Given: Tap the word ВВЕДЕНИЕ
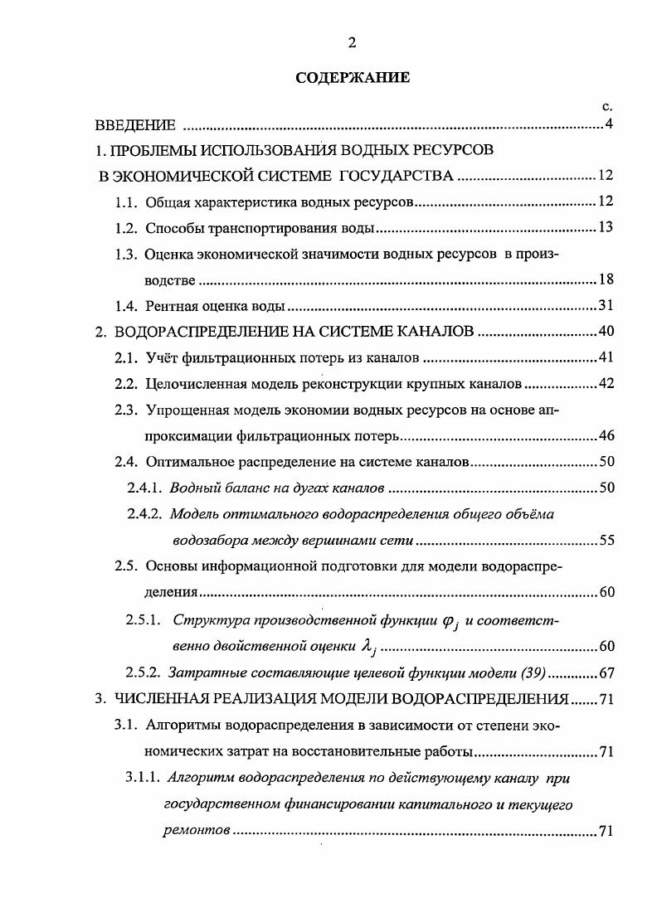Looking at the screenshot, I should [135, 126].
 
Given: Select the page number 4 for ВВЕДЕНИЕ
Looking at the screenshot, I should [608, 125].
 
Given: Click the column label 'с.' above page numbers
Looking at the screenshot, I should [606, 106].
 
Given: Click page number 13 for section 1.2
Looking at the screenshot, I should [605, 228].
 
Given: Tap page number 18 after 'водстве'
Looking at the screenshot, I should [605, 280].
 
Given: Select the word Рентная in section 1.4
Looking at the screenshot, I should [173, 307].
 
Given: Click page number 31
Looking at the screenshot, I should [605, 307].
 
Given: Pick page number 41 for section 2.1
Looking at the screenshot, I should [605, 358].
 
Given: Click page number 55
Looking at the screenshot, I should [605, 541].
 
